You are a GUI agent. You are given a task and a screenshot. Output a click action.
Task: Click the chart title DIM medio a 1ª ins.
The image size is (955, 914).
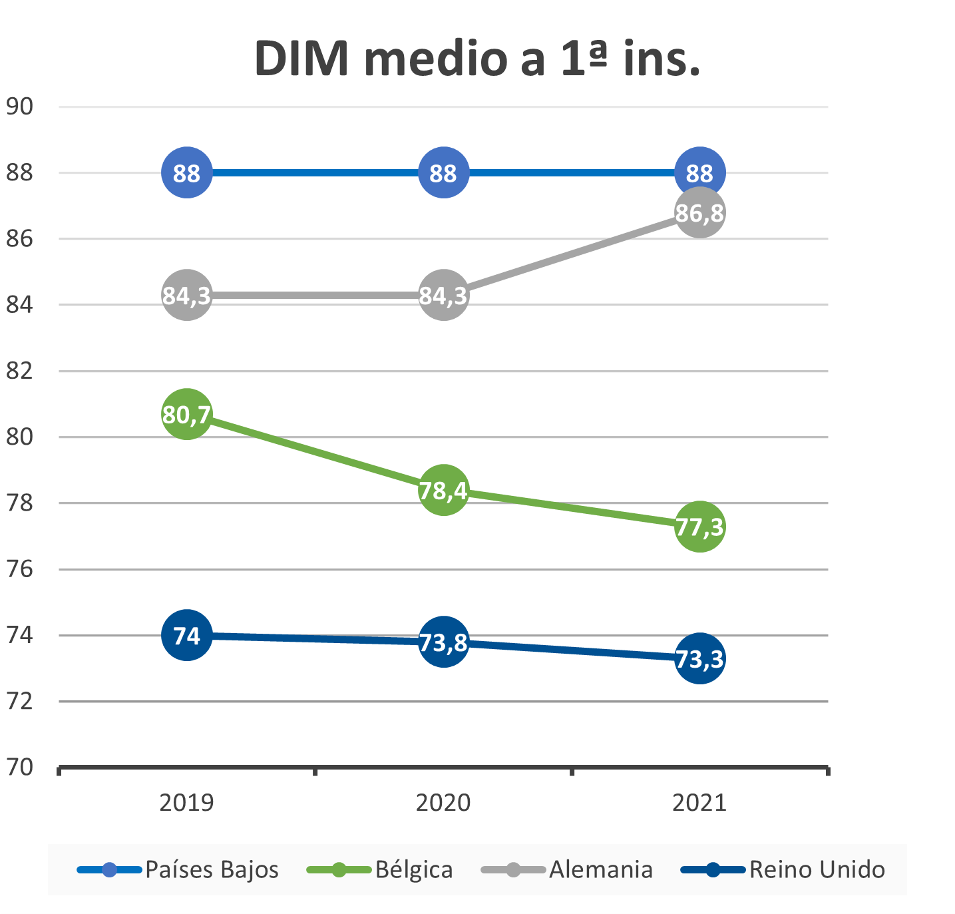pos(477,59)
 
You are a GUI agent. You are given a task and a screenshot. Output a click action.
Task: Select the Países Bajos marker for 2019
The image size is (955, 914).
pos(187,173)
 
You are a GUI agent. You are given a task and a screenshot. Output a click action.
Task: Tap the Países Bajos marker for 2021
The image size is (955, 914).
pos(699,173)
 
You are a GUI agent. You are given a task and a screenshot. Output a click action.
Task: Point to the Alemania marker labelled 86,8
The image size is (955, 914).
pos(699,213)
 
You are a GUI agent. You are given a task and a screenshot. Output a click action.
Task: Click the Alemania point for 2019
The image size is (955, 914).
pos(187,295)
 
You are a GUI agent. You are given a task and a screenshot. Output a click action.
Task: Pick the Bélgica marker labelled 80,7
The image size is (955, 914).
pos(187,414)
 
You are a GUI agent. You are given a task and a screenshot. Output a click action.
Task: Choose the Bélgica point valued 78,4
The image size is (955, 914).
pos(443,491)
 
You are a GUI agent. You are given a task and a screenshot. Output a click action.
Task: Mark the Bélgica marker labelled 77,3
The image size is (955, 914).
pos(699,527)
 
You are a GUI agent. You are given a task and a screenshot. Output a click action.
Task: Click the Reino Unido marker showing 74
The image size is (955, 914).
pos(187,636)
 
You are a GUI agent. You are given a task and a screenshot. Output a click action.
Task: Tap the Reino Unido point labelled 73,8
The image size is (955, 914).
pos(443,642)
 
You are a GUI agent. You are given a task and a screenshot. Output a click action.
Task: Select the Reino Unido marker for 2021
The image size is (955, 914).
pos(699,658)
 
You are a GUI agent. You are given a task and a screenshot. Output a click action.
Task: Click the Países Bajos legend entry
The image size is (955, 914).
pos(178,869)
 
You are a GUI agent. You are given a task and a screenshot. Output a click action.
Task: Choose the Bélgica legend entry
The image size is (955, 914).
pos(380,869)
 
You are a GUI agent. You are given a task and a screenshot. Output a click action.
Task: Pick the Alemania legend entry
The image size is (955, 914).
pos(567,869)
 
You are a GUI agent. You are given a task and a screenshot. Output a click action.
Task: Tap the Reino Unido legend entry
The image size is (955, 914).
pos(783,869)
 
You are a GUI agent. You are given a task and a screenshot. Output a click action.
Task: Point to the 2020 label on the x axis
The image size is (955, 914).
pos(443,802)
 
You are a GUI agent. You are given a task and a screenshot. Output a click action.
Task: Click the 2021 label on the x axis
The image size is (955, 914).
pos(699,802)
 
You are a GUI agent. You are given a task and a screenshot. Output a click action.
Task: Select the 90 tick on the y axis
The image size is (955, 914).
pos(19,107)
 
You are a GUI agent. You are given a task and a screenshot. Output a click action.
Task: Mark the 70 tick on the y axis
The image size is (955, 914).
pos(19,768)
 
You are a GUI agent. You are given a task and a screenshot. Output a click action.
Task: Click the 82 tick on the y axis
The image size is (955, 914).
pos(19,371)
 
